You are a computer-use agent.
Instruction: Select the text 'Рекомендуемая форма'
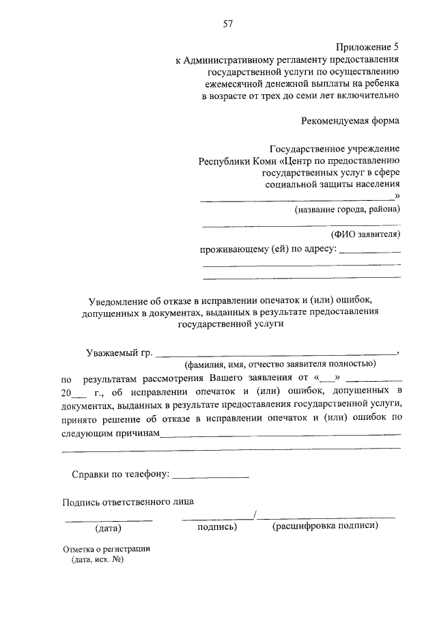tap(350, 121)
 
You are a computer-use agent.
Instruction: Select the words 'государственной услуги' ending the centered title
tap(230, 325)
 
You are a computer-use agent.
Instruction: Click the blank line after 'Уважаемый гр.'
tap(277, 353)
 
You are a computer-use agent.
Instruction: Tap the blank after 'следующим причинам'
tap(280, 434)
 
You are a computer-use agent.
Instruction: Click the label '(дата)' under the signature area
tap(108, 528)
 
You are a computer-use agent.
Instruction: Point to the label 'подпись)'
tap(217, 527)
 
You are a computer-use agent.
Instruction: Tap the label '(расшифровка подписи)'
tap(325, 526)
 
